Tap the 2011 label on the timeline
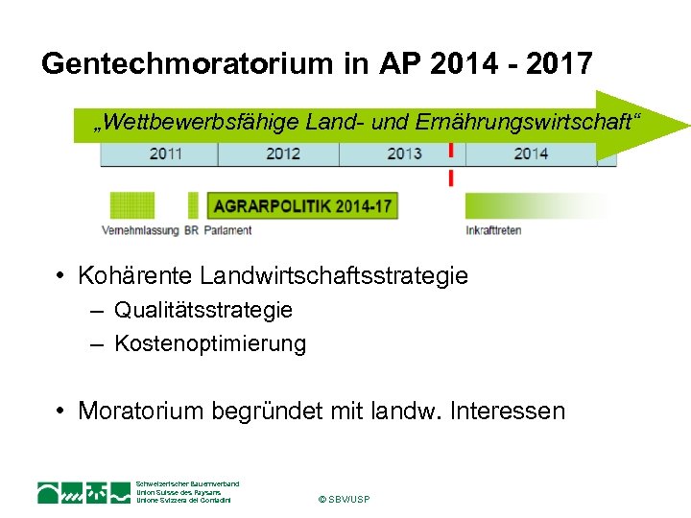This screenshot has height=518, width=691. point(166,153)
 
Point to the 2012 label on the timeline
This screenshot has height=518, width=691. point(283,153)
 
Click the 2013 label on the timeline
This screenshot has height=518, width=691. point(404,153)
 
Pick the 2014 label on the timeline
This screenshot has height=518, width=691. point(530,153)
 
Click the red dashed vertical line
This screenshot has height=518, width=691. point(451,165)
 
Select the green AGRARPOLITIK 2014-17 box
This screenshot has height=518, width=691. point(301,205)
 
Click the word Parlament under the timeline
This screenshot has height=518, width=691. point(227,230)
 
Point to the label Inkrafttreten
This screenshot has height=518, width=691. point(493,230)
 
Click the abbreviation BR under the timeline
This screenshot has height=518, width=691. point(192,230)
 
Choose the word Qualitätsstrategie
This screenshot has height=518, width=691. point(203,310)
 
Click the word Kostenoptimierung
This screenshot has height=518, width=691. point(210,343)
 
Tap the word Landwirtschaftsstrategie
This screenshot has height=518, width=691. point(335,276)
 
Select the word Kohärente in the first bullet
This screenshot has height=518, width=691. point(135,276)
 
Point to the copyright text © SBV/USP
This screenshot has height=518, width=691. point(343,499)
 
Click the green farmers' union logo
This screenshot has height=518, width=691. point(83,492)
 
